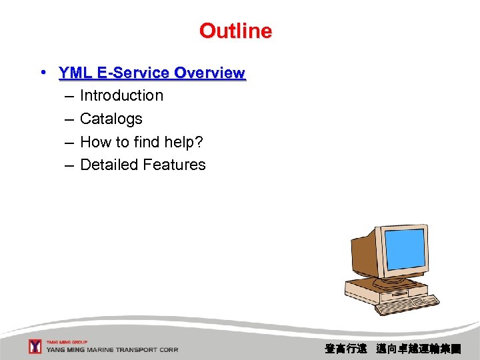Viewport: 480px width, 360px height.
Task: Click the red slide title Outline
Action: tap(235, 31)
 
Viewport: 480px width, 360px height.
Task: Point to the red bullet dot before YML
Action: tap(42, 72)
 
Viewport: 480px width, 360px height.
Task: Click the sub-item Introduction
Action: tap(121, 95)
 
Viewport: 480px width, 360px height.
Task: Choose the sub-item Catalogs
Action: tap(111, 119)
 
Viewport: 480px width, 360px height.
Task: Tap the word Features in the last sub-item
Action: tap(175, 165)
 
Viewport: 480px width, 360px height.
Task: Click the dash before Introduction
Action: tap(69, 96)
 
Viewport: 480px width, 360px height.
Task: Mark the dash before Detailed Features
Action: tap(69, 165)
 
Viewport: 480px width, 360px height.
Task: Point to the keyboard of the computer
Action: tap(407, 304)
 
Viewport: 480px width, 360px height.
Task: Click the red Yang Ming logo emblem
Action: tap(35, 347)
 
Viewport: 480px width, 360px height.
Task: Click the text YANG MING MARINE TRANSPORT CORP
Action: tap(112, 350)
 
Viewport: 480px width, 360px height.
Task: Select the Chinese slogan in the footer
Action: tap(392, 348)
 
